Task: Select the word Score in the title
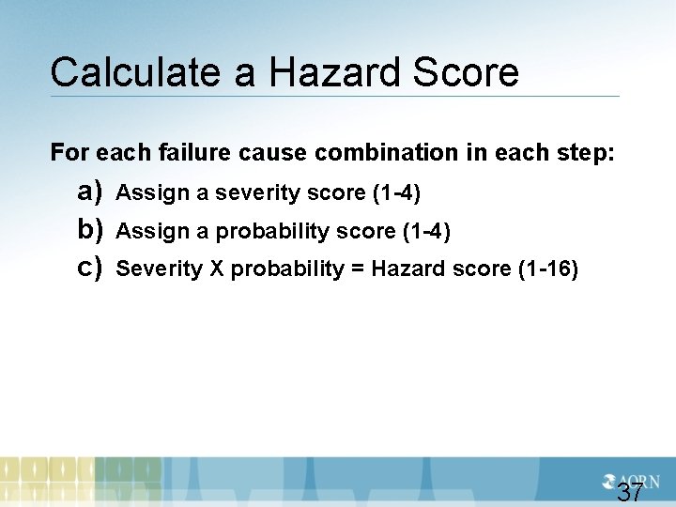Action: [465, 72]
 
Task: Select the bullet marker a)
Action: [90, 192]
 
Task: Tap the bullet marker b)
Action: [90, 230]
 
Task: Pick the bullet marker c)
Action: [90, 268]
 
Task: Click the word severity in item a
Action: [252, 193]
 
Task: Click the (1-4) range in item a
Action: [396, 193]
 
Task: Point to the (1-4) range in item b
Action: [426, 232]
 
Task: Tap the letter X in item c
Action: [216, 269]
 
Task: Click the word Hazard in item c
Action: [407, 269]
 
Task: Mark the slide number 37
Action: [630, 492]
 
